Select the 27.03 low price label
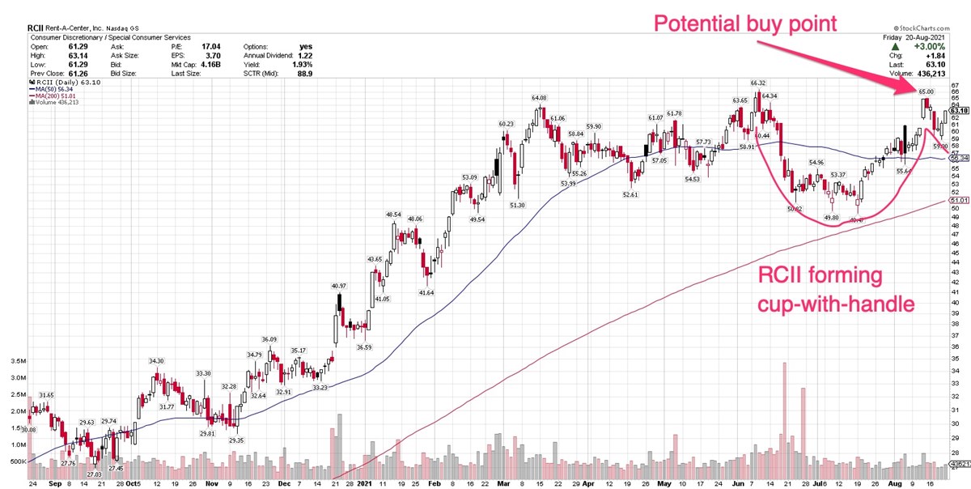pyautogui.click(x=95, y=474)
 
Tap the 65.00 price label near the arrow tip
pyautogui.click(x=926, y=91)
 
